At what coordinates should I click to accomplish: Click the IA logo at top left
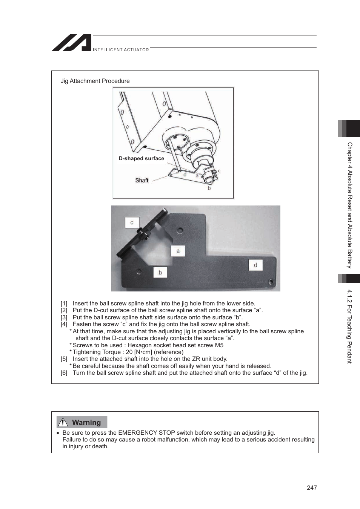pyautogui.click(x=72, y=43)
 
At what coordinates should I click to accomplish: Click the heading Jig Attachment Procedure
pyautogui.click(x=95, y=81)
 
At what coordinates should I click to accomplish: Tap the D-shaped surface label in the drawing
pyautogui.click(x=141, y=159)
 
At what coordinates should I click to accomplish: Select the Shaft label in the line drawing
pyautogui.click(x=142, y=181)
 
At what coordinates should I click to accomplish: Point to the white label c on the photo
pyautogui.click(x=132, y=222)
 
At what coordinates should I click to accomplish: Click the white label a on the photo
pyautogui.click(x=178, y=251)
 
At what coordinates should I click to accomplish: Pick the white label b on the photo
pyautogui.click(x=160, y=272)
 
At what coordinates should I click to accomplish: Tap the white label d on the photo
pyautogui.click(x=255, y=265)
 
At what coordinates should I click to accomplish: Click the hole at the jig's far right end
pyautogui.click(x=271, y=281)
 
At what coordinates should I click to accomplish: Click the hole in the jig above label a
pyautogui.click(x=180, y=230)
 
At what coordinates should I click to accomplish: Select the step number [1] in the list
pyautogui.click(x=64, y=304)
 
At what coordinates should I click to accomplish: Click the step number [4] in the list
pyautogui.click(x=64, y=324)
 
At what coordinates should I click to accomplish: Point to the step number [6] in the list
pyautogui.click(x=64, y=373)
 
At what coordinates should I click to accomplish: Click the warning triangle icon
pyautogui.click(x=63, y=422)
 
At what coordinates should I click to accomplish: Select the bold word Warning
pyautogui.click(x=86, y=423)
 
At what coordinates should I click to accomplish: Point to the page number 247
pyautogui.click(x=312, y=488)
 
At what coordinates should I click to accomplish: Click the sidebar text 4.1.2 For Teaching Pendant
pyautogui.click(x=349, y=326)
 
